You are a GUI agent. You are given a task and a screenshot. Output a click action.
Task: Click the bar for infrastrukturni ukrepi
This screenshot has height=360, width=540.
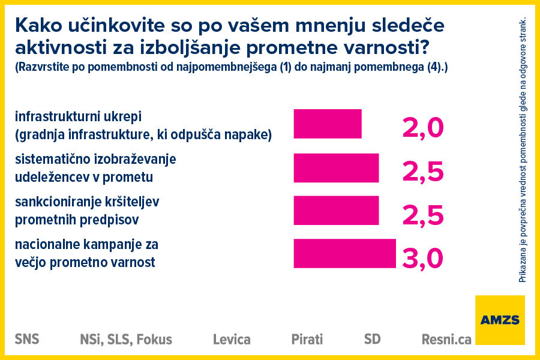tap(328, 124)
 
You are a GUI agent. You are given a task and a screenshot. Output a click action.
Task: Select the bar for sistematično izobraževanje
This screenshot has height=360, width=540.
tap(336, 168)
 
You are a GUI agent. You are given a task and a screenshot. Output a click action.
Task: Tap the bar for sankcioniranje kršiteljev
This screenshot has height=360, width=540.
tap(336, 210)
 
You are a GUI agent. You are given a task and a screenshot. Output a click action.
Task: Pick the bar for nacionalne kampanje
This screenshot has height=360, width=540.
tap(344, 253)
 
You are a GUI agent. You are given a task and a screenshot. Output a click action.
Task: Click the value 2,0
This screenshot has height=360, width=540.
tap(422, 127)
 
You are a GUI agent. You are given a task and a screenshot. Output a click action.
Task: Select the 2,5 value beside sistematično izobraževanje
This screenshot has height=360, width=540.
tap(422, 171)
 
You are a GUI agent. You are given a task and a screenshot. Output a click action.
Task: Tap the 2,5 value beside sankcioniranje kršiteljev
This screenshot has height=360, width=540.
tap(422, 214)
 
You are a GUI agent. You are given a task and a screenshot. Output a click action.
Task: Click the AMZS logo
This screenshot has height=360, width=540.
tap(499, 320)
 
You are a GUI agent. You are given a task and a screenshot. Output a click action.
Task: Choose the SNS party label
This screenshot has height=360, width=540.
tap(27, 339)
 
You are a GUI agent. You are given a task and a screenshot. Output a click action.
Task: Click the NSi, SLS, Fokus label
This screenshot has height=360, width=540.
tap(126, 340)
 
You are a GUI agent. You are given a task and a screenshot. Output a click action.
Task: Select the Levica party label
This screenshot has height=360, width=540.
tap(232, 340)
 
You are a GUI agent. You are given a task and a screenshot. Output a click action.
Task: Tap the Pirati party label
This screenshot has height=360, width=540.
tap(307, 340)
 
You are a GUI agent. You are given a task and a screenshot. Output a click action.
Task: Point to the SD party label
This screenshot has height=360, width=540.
tap(372, 339)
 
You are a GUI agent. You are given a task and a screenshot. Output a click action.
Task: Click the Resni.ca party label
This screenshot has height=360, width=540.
tap(446, 340)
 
